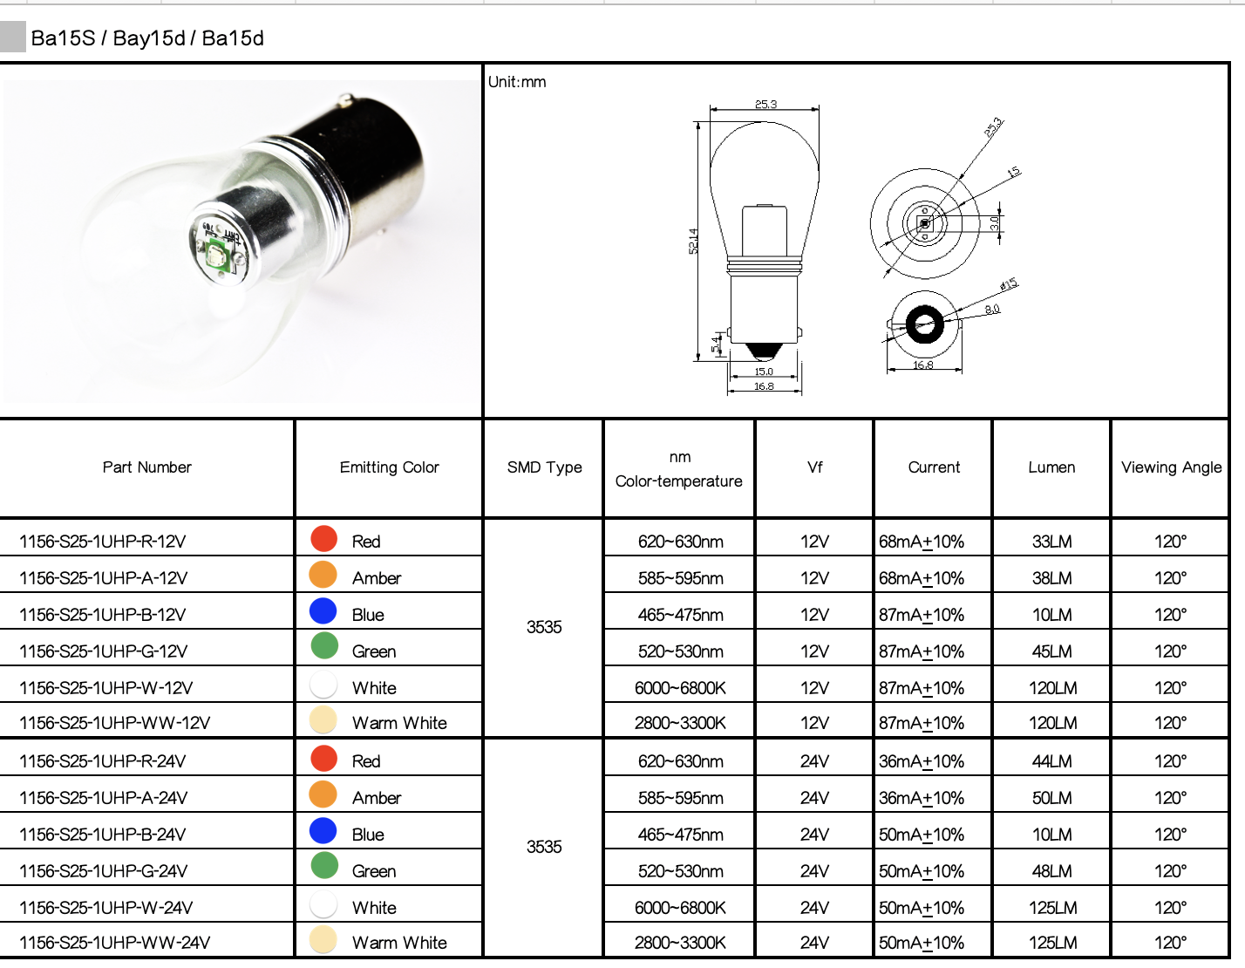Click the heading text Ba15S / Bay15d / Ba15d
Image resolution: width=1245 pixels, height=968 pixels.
point(147,38)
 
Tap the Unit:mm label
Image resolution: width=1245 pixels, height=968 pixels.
point(517,82)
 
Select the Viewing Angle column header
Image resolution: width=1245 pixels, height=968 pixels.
point(1171,467)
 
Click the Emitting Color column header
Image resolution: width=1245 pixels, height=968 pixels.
point(389,467)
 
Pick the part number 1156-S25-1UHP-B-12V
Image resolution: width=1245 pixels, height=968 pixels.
point(103,615)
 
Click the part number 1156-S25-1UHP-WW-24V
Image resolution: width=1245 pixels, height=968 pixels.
point(115,943)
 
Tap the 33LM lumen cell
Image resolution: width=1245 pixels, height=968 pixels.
point(1051,542)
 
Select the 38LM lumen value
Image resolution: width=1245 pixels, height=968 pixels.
point(1051,578)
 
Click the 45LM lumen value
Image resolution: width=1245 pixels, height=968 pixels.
point(1051,651)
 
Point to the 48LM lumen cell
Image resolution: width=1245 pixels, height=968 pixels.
point(1051,871)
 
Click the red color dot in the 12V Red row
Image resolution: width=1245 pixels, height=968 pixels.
point(323,539)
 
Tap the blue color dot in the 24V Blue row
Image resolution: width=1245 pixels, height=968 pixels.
point(323,831)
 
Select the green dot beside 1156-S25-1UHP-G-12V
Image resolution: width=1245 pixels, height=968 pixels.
point(323,646)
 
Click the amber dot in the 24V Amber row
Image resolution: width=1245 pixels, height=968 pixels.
point(323,794)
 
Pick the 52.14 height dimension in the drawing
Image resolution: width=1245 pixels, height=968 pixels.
point(693,242)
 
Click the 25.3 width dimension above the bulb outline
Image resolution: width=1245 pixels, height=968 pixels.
point(765,105)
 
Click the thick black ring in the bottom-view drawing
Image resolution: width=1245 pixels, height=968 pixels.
point(923,325)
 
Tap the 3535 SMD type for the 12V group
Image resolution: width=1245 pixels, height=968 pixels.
point(544,628)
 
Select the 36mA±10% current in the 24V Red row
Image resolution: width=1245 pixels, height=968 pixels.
point(922,761)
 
